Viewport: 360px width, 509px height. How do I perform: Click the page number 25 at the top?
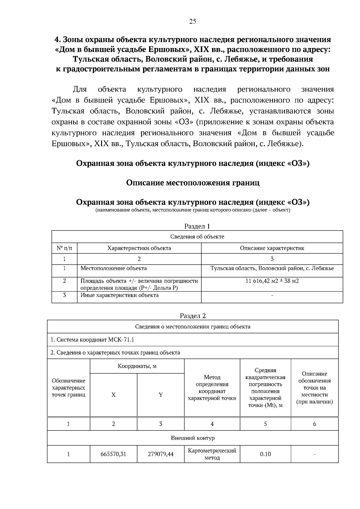click(x=193, y=21)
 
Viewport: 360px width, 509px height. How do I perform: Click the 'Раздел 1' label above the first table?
click(x=197, y=226)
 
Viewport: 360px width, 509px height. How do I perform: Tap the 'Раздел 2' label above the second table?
click(x=193, y=316)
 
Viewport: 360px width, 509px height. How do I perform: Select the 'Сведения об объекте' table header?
click(x=197, y=237)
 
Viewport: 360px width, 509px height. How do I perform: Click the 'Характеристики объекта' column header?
click(x=139, y=248)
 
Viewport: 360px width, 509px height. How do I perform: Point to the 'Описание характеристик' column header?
click(x=272, y=248)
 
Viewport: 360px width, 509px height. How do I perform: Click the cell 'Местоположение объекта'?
click(x=114, y=268)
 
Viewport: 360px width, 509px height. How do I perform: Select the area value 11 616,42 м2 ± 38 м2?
click(x=272, y=281)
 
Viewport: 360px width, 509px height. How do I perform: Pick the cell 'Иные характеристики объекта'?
click(x=119, y=295)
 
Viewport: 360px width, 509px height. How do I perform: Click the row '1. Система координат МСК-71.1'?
click(x=92, y=340)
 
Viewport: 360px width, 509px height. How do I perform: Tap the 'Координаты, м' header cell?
click(x=137, y=366)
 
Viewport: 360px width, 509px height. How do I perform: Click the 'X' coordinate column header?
click(x=113, y=395)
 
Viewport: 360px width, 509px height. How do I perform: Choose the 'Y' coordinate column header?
click(x=160, y=395)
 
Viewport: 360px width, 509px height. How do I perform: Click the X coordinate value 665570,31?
click(x=113, y=454)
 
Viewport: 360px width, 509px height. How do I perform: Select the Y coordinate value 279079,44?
click(x=160, y=454)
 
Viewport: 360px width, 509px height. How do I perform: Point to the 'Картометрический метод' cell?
click(x=212, y=454)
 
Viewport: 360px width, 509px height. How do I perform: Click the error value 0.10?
click(x=265, y=454)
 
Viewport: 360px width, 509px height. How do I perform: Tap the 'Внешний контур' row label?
click(x=193, y=438)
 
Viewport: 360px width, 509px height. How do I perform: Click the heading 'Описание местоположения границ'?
click(x=193, y=183)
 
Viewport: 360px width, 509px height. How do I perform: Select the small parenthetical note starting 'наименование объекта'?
click(x=193, y=210)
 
